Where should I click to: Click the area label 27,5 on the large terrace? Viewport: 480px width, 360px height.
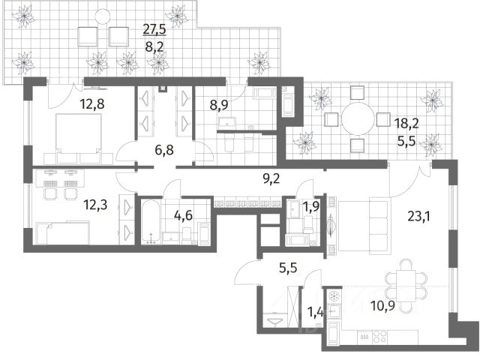154,30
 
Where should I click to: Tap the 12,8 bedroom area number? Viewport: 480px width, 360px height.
92,104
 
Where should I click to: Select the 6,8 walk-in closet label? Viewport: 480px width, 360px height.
163,150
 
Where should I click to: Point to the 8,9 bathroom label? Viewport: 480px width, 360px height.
219,105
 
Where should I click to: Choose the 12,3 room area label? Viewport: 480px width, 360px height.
95,205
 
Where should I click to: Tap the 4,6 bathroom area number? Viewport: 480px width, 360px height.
183,215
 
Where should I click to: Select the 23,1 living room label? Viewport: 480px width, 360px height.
418,217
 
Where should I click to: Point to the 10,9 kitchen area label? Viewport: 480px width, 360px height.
382,305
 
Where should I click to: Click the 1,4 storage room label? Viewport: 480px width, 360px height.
315,312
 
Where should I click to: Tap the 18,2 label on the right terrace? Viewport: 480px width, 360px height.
406,124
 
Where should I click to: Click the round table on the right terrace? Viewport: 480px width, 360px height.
358,118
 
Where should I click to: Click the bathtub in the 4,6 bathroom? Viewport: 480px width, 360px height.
150,222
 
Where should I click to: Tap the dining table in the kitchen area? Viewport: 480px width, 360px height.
406,286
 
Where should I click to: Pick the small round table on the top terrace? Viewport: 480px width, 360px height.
102,16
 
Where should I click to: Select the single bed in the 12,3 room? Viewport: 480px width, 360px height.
63,233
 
